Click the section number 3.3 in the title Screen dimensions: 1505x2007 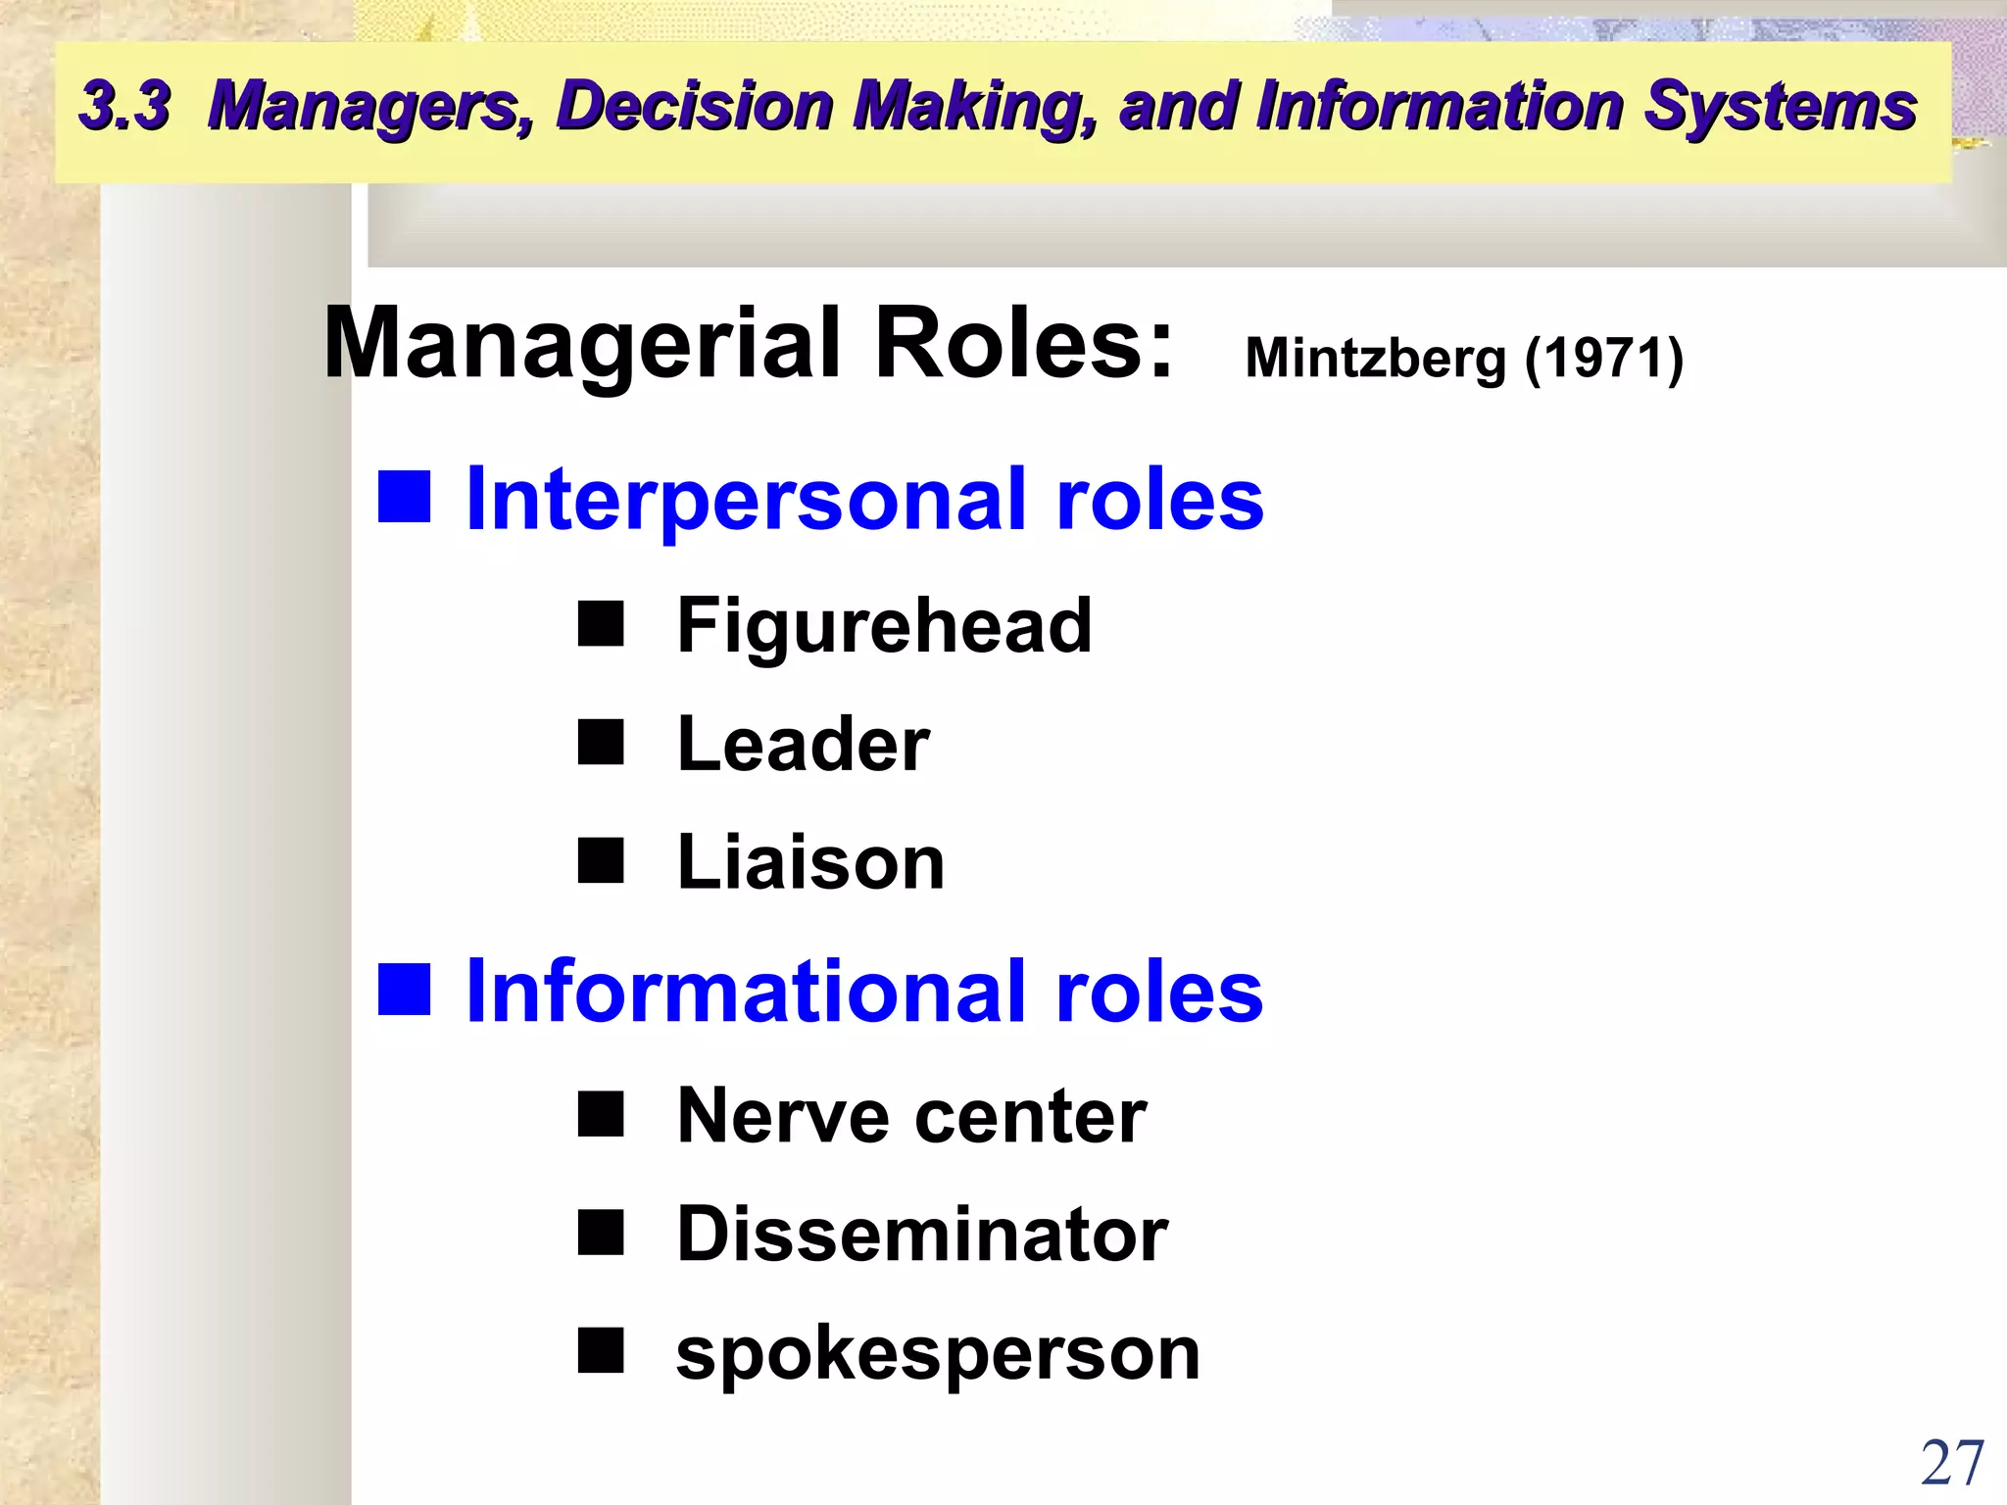coord(125,106)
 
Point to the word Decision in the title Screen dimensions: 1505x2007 coord(694,106)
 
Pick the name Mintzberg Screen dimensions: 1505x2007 coord(1375,359)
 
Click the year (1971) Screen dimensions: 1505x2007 coord(1604,359)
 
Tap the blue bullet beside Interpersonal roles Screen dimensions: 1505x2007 coord(405,497)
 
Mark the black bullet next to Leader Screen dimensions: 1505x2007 coord(601,742)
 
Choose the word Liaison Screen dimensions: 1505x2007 coord(810,862)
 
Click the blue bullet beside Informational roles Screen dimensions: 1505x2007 coord(405,989)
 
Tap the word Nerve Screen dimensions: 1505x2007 coord(782,1116)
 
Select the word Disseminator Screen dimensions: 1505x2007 coord(921,1234)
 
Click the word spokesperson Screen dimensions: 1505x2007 coord(938,1354)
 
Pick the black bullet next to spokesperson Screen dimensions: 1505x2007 coord(601,1350)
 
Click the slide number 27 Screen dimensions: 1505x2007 coord(1952,1464)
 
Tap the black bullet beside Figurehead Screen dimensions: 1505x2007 coord(601,624)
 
